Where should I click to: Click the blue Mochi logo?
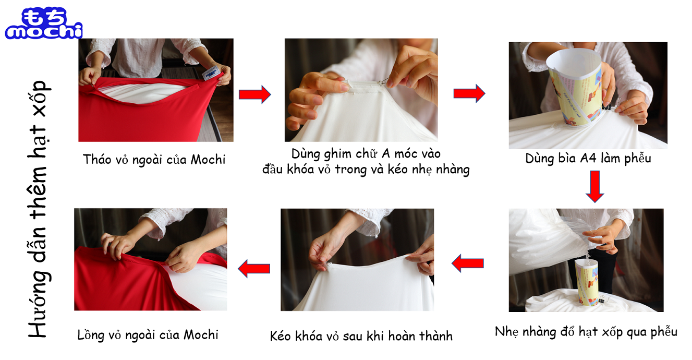(44, 23)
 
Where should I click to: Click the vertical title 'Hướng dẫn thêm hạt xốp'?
(39, 209)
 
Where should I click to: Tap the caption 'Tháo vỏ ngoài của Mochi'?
(154, 160)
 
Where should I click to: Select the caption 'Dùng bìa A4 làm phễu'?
(588, 159)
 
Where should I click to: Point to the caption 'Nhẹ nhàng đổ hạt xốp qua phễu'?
(586, 332)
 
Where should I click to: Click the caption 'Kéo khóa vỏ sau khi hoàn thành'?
(361, 336)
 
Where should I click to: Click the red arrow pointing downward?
(594, 186)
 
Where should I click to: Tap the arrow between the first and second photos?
(255, 94)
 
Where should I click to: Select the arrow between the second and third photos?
(469, 93)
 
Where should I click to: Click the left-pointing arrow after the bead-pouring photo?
(468, 263)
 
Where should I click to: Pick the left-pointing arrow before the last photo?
(254, 268)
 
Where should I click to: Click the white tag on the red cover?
(211, 73)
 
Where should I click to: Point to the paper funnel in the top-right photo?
(575, 87)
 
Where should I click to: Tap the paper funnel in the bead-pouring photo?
(586, 282)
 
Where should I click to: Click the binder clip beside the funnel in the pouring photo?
(602, 299)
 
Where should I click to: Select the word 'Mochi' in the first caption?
(208, 160)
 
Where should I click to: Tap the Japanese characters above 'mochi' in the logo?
(45, 16)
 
